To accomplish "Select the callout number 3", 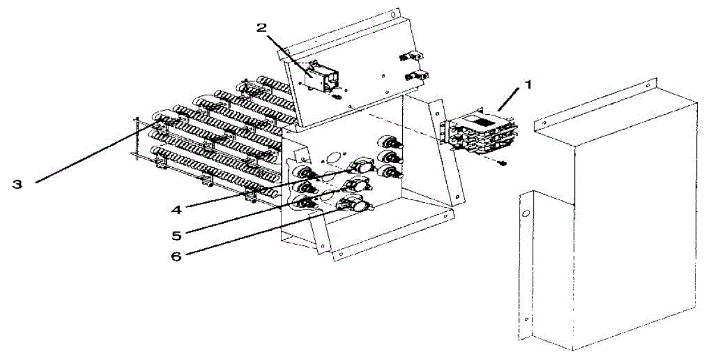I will point(18,184).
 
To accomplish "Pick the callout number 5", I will point(176,234).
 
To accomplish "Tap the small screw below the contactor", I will point(502,162).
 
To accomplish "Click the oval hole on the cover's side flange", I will point(525,214).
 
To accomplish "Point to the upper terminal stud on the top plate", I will point(411,57).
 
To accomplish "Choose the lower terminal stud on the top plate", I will point(415,76).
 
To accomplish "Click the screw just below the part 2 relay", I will point(337,96).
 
